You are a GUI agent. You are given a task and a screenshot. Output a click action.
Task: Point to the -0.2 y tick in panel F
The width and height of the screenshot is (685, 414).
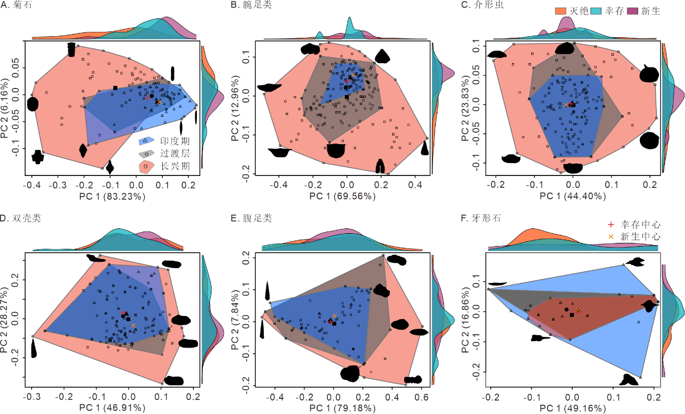(477, 371)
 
